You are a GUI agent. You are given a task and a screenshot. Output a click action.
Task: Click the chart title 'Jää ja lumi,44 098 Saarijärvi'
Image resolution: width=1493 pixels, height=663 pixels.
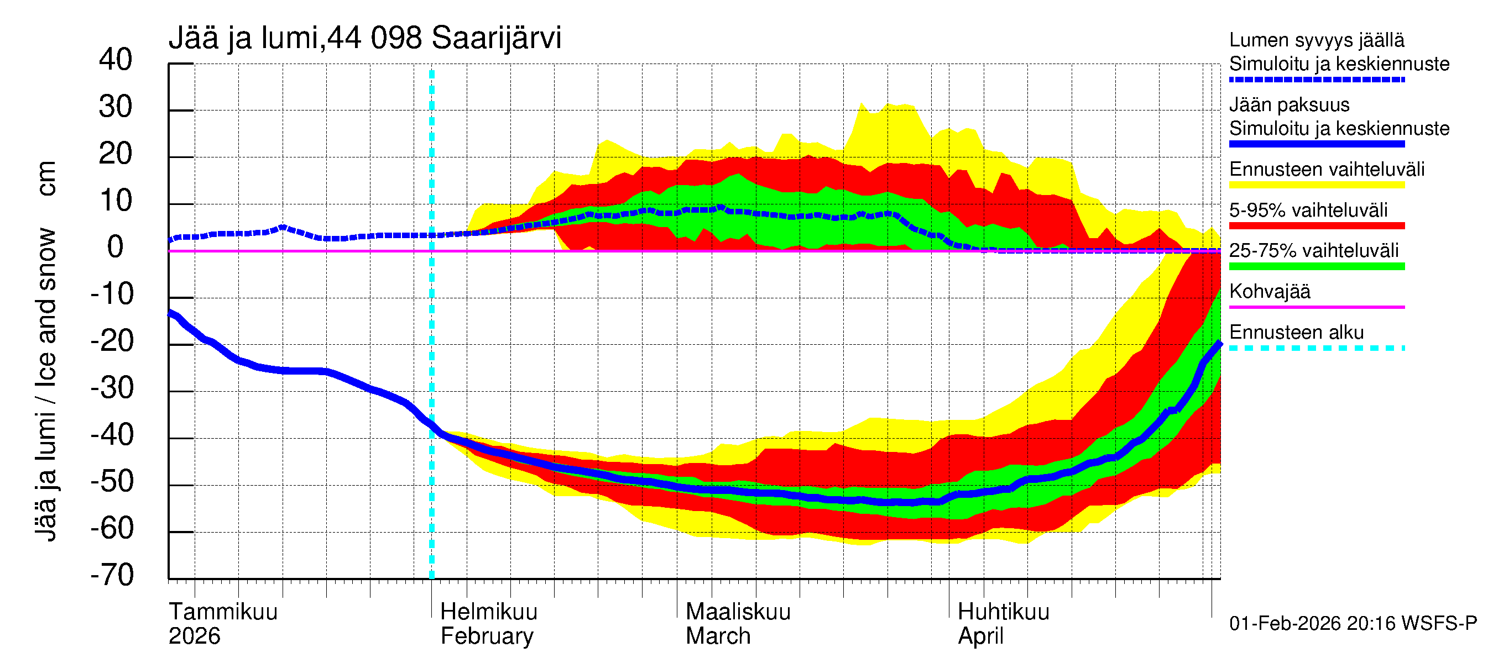point(364,38)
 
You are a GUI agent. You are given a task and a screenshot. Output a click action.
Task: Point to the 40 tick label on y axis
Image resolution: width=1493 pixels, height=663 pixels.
point(116,60)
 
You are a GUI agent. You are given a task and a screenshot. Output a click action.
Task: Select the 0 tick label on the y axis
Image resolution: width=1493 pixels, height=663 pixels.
point(116,248)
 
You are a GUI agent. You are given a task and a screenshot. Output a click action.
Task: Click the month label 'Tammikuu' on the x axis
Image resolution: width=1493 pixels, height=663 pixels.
point(223,612)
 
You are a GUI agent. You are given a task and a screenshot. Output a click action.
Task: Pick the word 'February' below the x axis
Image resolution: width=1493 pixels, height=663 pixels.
point(486,636)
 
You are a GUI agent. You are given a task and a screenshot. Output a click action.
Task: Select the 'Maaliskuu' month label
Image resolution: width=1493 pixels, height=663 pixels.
point(738,612)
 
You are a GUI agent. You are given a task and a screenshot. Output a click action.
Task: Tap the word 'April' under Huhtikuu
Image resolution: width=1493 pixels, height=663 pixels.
point(980,636)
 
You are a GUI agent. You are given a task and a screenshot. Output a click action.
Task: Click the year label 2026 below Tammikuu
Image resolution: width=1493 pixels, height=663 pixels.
point(194,636)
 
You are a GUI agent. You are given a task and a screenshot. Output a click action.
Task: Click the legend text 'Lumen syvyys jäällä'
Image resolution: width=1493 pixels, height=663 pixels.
point(1316,40)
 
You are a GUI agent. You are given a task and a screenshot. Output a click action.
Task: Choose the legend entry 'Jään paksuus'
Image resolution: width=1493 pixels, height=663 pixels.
point(1289,105)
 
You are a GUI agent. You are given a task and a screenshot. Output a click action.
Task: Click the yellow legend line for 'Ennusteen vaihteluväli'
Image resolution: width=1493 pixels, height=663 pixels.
point(1316,185)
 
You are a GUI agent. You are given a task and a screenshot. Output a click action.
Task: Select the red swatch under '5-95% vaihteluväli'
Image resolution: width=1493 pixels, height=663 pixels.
point(1316,225)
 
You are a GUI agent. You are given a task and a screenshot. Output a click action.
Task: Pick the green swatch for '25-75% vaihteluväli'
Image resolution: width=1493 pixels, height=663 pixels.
point(1316,266)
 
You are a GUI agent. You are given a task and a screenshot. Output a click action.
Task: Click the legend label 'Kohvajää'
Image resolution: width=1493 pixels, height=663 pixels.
point(1269,291)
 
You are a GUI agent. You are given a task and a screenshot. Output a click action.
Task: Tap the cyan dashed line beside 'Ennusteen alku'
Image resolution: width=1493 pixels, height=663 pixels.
point(1316,348)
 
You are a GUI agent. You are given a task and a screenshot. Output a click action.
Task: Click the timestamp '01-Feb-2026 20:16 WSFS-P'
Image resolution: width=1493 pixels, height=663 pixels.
point(1353,623)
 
